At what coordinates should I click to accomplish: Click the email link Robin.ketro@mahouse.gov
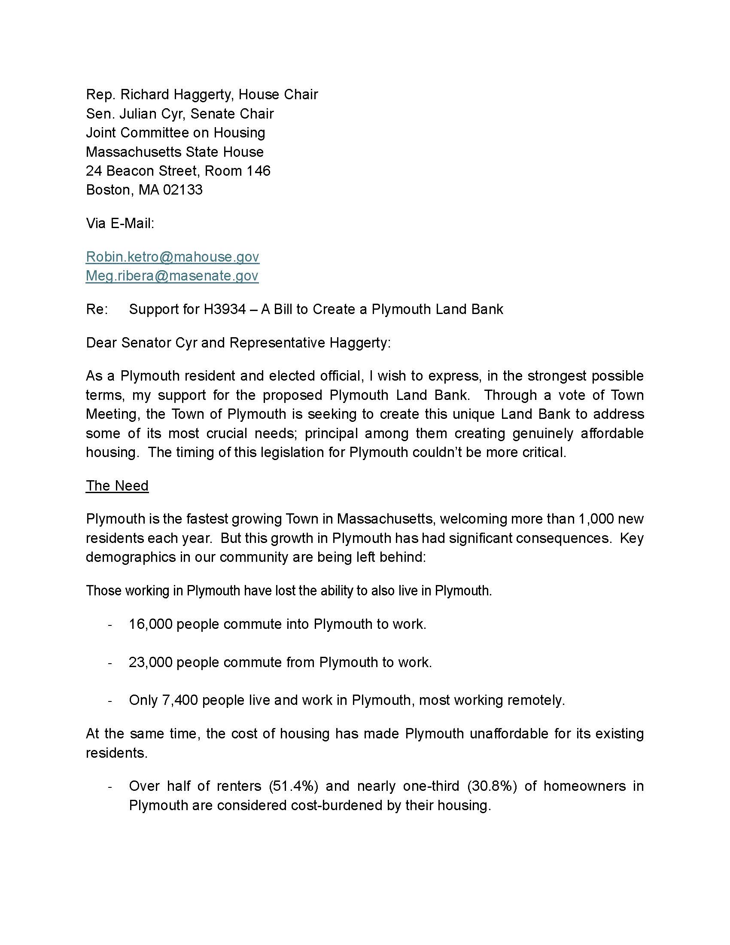173,256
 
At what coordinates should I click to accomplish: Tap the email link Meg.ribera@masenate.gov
172,276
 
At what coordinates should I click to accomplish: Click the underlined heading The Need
117,485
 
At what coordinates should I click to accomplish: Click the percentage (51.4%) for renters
294,786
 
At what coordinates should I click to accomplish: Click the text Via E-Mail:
120,223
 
